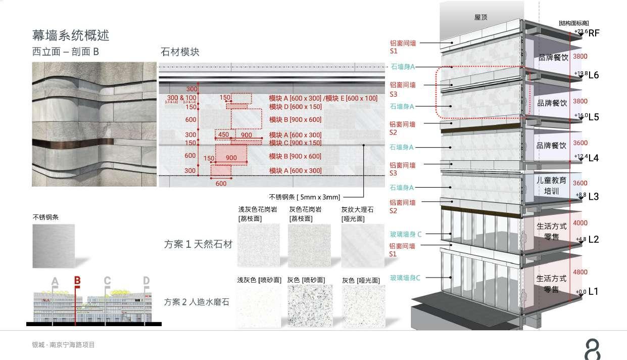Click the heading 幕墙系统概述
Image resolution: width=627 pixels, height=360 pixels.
pos(71,35)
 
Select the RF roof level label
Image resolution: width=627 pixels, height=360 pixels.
pos(594,33)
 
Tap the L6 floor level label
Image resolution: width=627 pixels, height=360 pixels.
pos(594,75)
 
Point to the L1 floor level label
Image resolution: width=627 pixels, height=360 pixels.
pos(593,291)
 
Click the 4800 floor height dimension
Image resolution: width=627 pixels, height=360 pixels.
pos(580,272)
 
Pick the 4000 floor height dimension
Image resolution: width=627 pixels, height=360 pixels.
pos(580,223)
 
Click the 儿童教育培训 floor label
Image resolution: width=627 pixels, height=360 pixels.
pos(551,185)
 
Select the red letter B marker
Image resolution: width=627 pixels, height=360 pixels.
pos(77,281)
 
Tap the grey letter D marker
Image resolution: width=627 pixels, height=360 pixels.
pos(146,281)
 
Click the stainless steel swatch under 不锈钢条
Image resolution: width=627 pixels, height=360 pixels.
pos(54,246)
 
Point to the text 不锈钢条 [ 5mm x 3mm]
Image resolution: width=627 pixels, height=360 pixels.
pos(305,197)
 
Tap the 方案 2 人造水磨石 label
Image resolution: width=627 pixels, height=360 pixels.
pos(197,302)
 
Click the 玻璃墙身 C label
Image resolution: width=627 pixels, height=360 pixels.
pos(406,234)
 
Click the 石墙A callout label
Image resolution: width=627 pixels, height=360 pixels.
pos(403,67)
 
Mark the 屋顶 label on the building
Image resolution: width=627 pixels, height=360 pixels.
pos(481,17)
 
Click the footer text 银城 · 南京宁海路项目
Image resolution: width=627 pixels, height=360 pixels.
pos(63,345)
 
